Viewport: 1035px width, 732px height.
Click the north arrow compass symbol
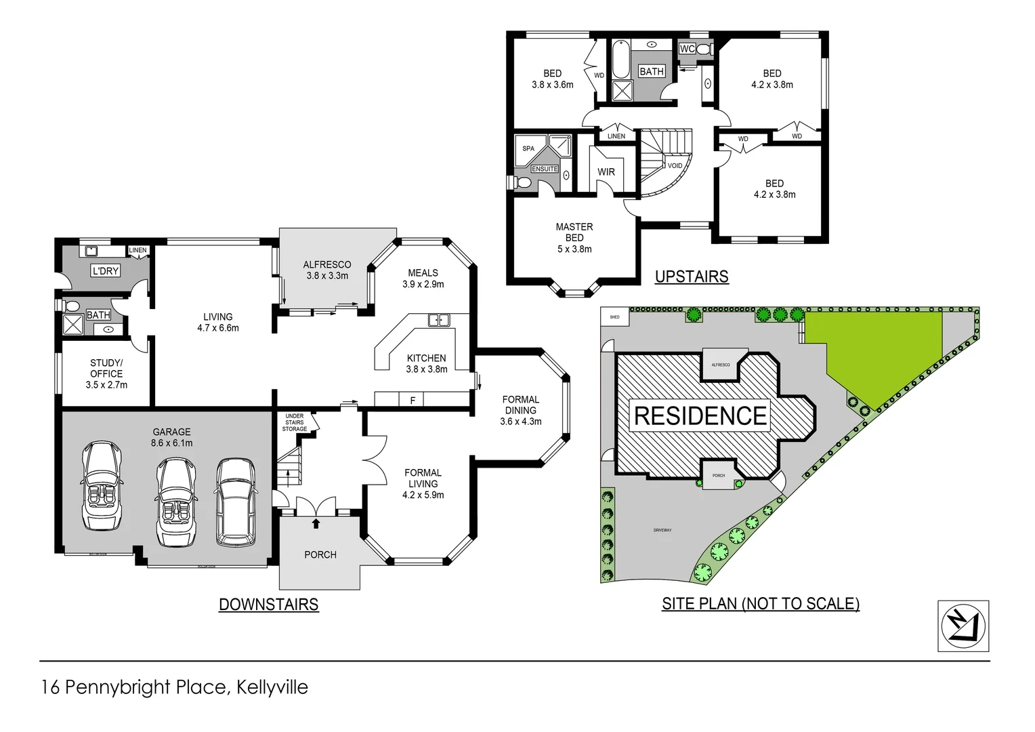pyautogui.click(x=963, y=626)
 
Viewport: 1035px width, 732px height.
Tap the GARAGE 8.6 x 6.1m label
pyautogui.click(x=171, y=437)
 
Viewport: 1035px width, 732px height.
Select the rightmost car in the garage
pyautogui.click(x=236, y=502)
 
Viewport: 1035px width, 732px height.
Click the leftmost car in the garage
pyautogui.click(x=102, y=485)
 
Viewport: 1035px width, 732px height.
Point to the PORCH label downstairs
pyautogui.click(x=320, y=554)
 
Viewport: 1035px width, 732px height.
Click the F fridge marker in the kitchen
pyautogui.click(x=413, y=401)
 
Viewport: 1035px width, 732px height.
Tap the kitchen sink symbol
pyautogui.click(x=438, y=320)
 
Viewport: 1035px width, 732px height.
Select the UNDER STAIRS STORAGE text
pyautogui.click(x=295, y=422)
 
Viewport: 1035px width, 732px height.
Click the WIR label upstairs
pyautogui.click(x=606, y=172)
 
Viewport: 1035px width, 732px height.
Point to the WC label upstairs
pyautogui.click(x=687, y=49)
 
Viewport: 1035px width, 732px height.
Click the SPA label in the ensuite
pyautogui.click(x=528, y=148)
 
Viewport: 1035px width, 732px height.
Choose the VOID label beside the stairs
pyautogui.click(x=675, y=165)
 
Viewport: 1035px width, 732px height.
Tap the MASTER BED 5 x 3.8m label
pyautogui.click(x=574, y=238)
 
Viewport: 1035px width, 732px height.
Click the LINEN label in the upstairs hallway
pyautogui.click(x=616, y=136)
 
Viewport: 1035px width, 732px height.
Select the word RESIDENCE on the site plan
pyautogui.click(x=700, y=415)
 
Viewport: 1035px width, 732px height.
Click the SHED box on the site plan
pyautogui.click(x=615, y=317)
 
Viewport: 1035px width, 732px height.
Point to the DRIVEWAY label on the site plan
pyautogui.click(x=662, y=530)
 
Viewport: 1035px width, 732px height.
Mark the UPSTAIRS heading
pyautogui.click(x=692, y=277)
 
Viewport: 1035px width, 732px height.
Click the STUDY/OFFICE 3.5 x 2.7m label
pyautogui.click(x=106, y=373)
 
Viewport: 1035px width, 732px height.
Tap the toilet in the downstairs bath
pyautogui.click(x=72, y=306)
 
